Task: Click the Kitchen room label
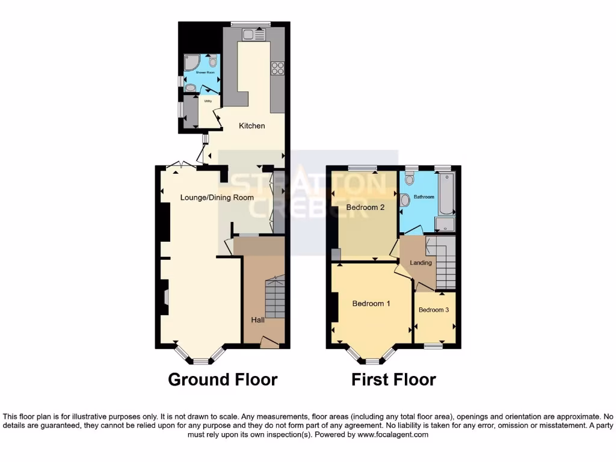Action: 251,126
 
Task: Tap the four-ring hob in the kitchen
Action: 279,68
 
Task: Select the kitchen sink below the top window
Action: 252,35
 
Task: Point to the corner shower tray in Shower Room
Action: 192,62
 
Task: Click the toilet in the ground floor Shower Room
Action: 213,62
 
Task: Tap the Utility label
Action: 208,101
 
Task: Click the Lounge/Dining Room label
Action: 217,197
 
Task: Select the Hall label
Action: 257,320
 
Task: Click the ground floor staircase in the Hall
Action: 274,298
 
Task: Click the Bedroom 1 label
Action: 371,304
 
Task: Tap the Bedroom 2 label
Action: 365,208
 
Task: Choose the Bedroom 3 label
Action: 434,310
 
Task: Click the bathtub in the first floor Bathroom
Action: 446,194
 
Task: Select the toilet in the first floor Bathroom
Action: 410,179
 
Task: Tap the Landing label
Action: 420,263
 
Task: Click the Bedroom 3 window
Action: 433,346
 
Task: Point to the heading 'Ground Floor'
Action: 223,380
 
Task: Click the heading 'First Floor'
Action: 393,380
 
